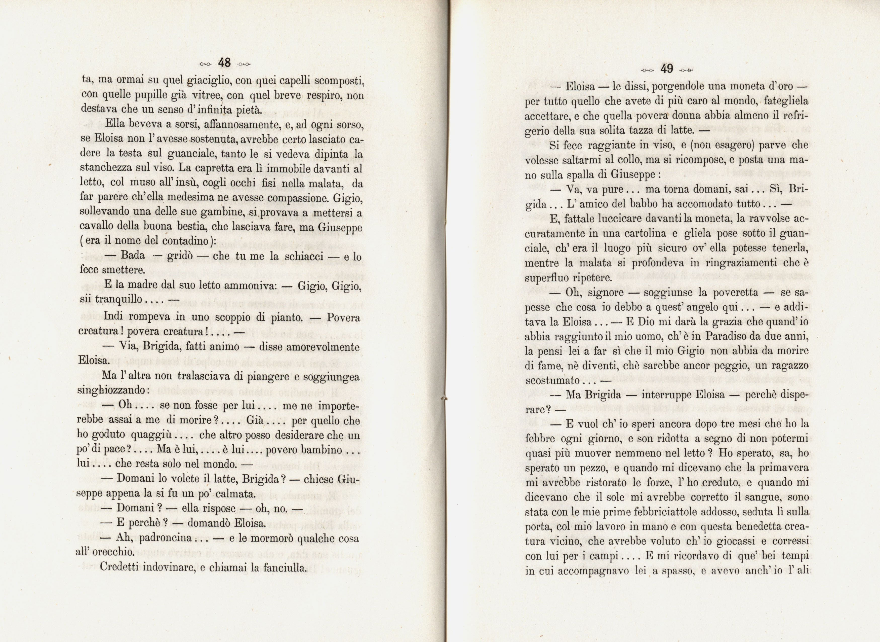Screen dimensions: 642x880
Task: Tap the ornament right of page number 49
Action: pos(686,70)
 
